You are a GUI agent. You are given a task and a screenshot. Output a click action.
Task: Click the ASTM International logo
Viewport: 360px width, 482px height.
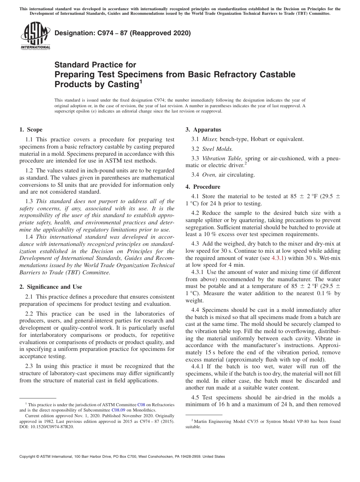point(35,36)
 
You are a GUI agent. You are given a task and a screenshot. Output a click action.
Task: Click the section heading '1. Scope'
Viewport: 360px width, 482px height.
point(31,130)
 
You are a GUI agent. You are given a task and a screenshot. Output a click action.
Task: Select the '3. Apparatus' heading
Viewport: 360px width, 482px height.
point(203,130)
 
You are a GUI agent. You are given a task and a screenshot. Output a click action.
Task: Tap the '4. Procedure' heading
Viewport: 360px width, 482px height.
point(203,186)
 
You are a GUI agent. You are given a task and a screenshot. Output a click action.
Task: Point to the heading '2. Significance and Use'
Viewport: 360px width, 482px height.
point(51,286)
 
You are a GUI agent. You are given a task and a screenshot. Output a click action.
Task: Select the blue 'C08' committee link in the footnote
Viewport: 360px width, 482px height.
point(141,405)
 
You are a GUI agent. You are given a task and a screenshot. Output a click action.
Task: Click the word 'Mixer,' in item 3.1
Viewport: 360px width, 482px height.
point(210,139)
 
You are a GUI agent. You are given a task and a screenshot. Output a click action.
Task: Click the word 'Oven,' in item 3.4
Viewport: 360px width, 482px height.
point(209,175)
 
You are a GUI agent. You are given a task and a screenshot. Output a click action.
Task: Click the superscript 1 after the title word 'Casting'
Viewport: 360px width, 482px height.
point(141,81)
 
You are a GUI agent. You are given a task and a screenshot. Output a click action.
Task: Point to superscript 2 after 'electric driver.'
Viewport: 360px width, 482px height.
point(246,163)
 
